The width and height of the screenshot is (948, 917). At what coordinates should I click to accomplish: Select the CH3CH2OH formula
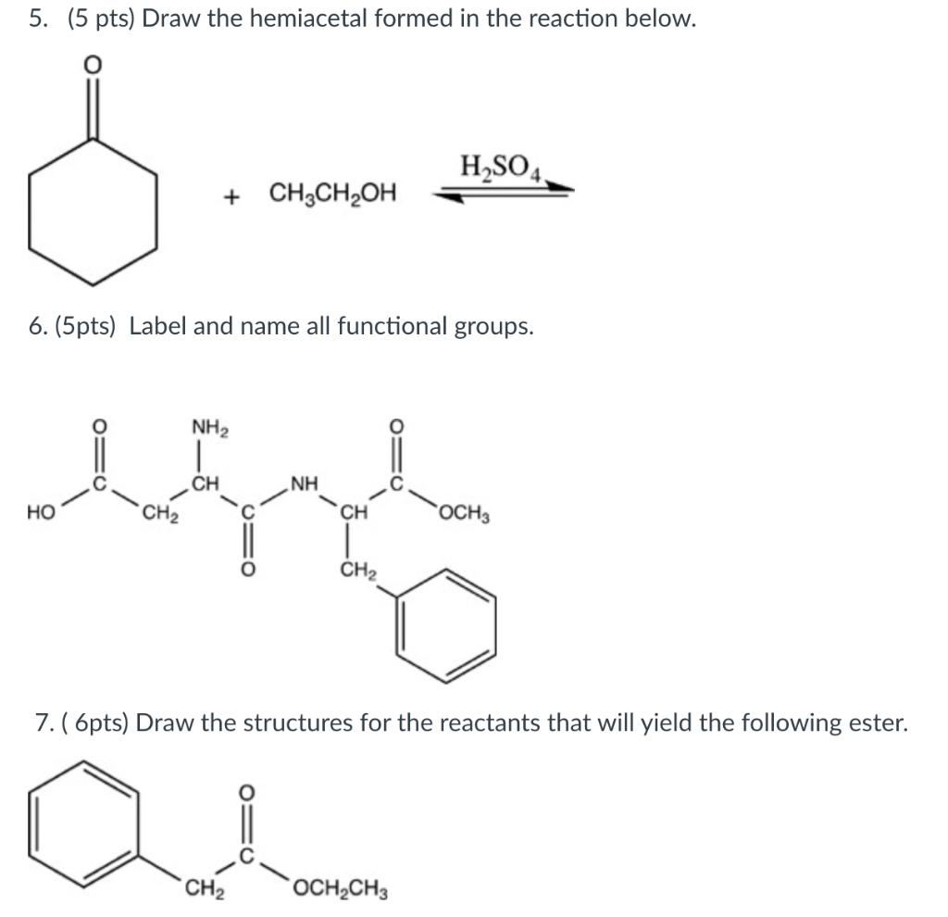pyautogui.click(x=332, y=195)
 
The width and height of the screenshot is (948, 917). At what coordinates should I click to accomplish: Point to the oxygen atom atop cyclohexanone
pyautogui.click(x=91, y=67)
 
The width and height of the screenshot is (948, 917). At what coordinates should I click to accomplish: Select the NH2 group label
pyautogui.click(x=209, y=428)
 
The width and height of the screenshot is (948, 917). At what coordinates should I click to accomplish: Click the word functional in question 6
pyautogui.click(x=392, y=326)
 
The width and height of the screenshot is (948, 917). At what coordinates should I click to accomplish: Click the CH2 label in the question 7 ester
pyautogui.click(x=201, y=893)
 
